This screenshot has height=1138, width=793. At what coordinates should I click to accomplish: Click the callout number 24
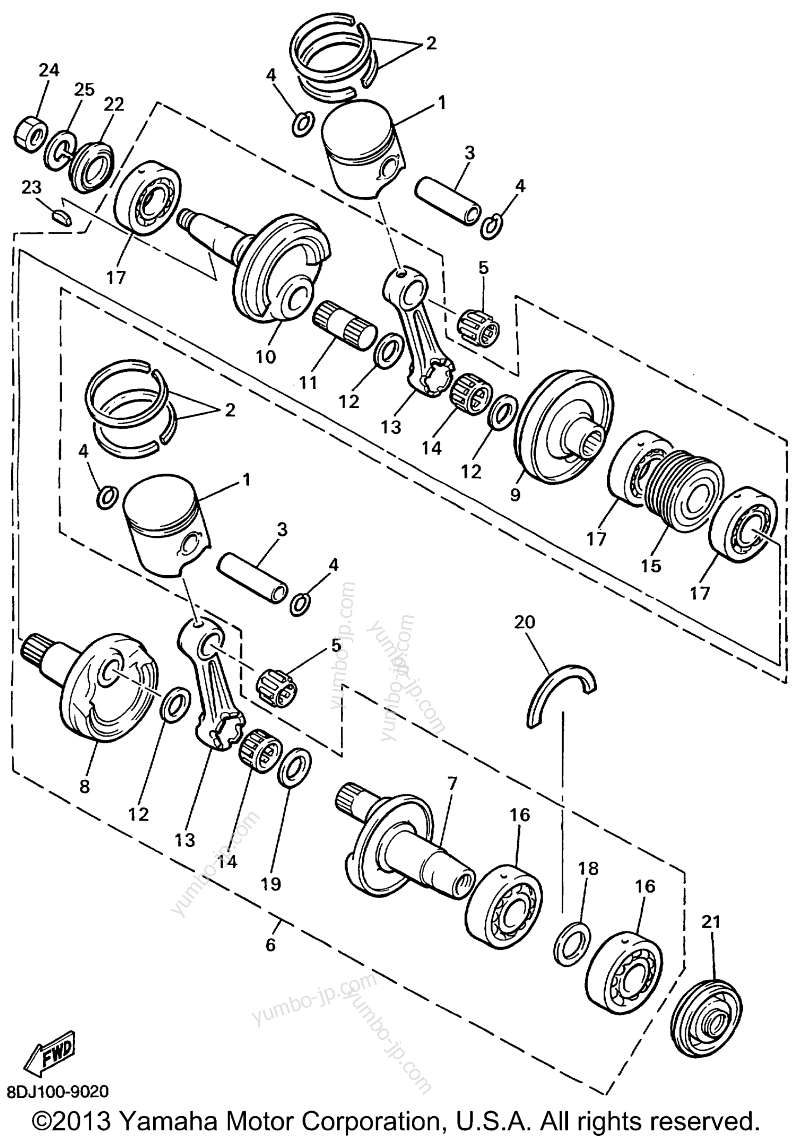pyautogui.click(x=49, y=70)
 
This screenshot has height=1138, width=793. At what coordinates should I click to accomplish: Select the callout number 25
pyautogui.click(x=84, y=90)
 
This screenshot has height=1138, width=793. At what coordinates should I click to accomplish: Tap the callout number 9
pyautogui.click(x=515, y=495)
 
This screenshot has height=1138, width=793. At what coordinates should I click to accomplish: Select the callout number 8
pyautogui.click(x=84, y=787)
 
